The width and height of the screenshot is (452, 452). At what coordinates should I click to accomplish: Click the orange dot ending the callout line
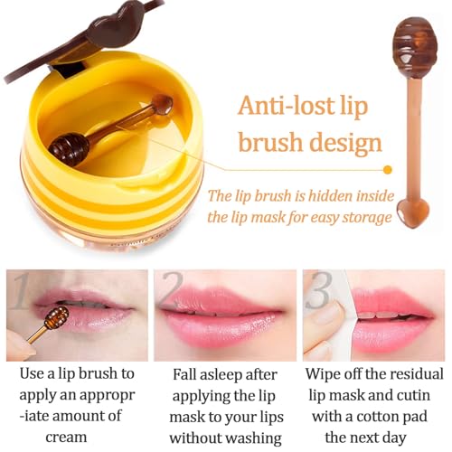[x=388, y=169]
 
